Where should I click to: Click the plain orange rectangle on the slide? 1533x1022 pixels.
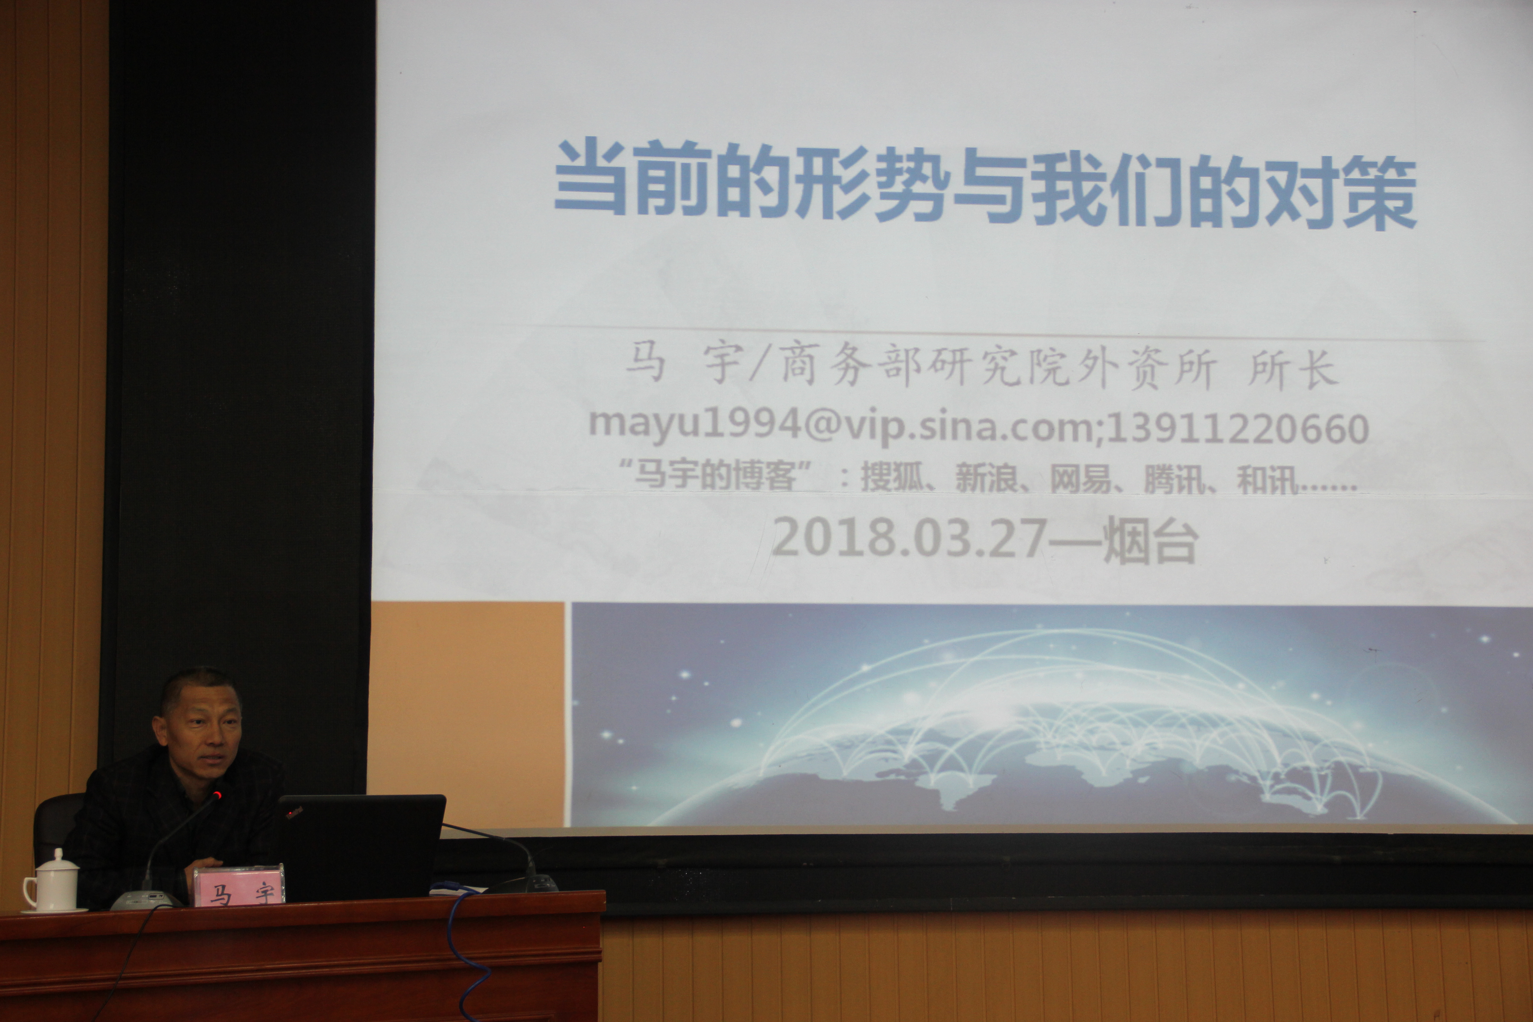(x=466, y=714)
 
